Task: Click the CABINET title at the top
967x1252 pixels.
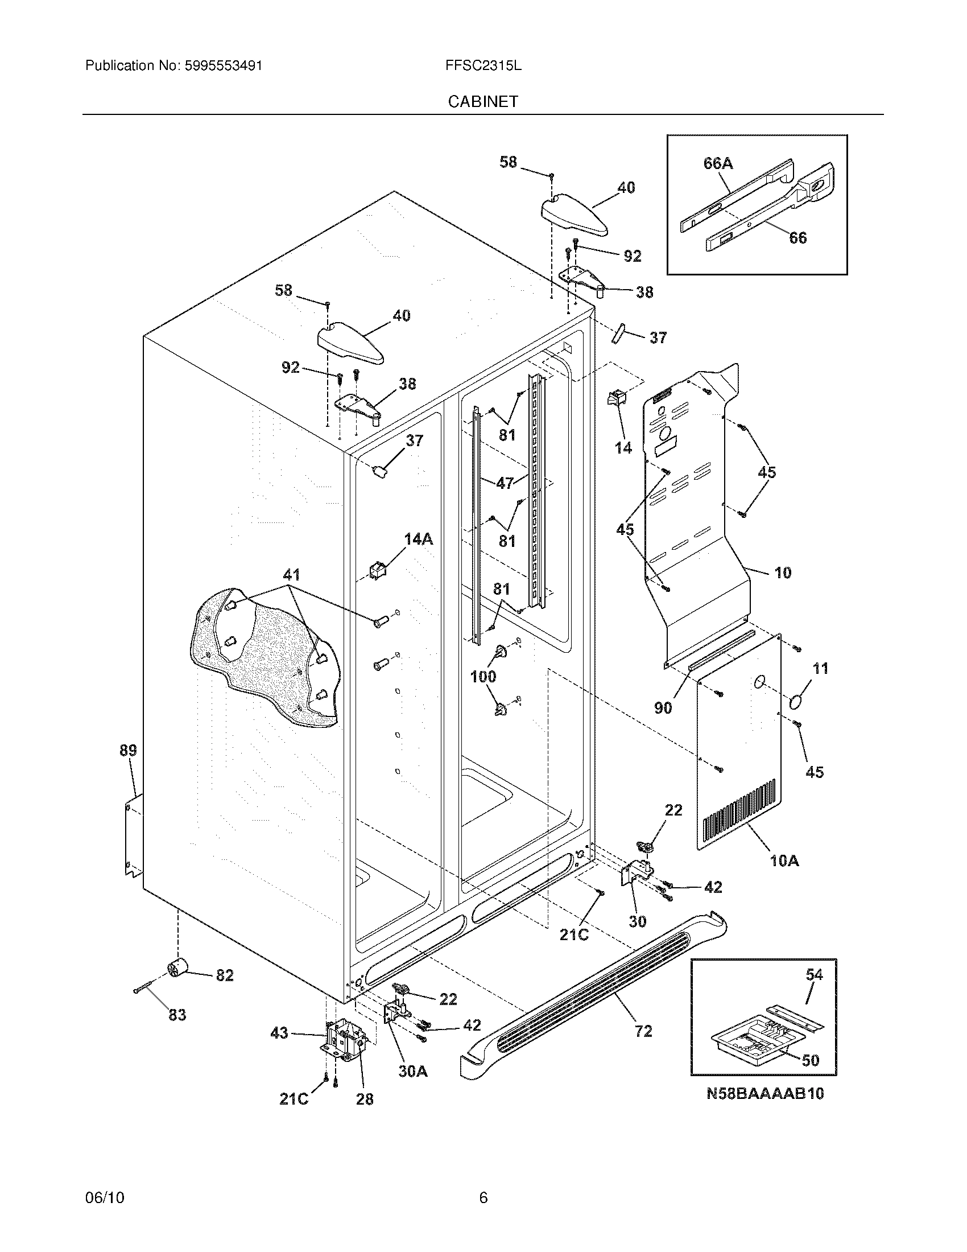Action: point(483,101)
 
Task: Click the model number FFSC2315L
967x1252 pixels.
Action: point(483,65)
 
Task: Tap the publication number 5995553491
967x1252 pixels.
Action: point(224,65)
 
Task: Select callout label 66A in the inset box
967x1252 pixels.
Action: point(718,163)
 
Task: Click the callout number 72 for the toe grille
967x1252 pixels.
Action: point(643,1031)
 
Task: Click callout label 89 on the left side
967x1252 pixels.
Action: point(128,750)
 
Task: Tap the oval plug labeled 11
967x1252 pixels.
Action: point(797,702)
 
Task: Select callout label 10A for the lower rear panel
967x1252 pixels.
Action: point(784,876)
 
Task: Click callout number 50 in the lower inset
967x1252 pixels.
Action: point(810,1060)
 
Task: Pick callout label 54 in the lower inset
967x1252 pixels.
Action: point(814,974)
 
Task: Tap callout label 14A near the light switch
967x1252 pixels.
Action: point(418,539)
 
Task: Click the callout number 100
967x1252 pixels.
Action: point(482,677)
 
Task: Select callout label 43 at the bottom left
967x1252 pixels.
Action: point(279,1033)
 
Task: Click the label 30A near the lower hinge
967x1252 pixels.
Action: point(413,1071)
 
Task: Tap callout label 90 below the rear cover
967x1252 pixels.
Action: point(663,708)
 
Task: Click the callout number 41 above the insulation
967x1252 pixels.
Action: point(291,574)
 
